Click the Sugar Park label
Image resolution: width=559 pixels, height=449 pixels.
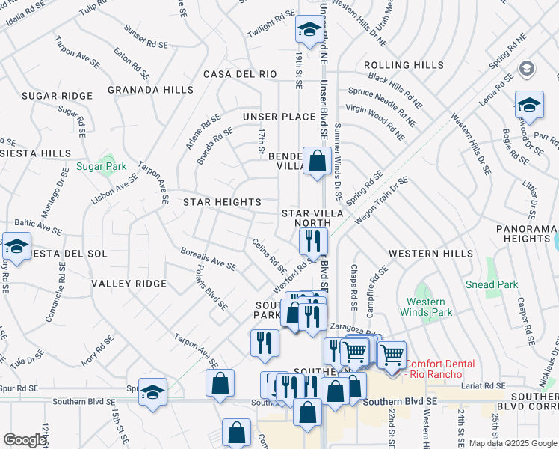(101, 166)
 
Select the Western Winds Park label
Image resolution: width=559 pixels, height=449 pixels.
(426, 307)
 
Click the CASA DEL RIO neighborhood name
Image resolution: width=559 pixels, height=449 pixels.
(240, 74)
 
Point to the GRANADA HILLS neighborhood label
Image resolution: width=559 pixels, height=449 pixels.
(149, 90)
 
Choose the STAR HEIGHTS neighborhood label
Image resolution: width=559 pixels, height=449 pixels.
(222, 202)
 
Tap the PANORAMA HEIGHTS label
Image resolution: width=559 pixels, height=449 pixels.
(527, 233)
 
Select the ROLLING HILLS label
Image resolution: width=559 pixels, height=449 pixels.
(404, 66)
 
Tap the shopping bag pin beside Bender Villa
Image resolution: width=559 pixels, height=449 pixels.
(317, 160)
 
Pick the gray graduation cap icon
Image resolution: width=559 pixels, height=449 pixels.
(527, 69)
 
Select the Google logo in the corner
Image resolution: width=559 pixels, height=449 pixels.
(25, 440)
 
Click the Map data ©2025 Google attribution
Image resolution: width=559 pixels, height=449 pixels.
(512, 442)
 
